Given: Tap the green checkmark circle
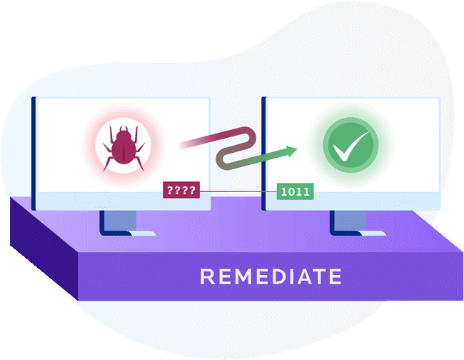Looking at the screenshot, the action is (x=350, y=145).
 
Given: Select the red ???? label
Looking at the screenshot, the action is (x=181, y=190).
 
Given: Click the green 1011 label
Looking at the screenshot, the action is (x=295, y=191).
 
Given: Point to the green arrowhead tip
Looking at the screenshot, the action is (x=297, y=150).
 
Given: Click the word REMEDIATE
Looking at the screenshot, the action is (x=271, y=276).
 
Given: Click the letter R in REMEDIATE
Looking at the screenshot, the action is (x=207, y=276).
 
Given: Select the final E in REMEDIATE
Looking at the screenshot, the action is (x=336, y=276).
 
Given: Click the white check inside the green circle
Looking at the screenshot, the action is (x=351, y=146).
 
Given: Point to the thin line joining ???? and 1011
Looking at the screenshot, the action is (x=238, y=191).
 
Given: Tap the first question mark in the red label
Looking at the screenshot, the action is (x=170, y=190).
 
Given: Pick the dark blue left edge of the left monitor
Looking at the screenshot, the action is (x=34, y=154).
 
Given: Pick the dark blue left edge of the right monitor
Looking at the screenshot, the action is (x=264, y=154).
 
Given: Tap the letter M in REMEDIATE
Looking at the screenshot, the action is (x=241, y=276).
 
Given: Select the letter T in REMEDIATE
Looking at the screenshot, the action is (x=319, y=276).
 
